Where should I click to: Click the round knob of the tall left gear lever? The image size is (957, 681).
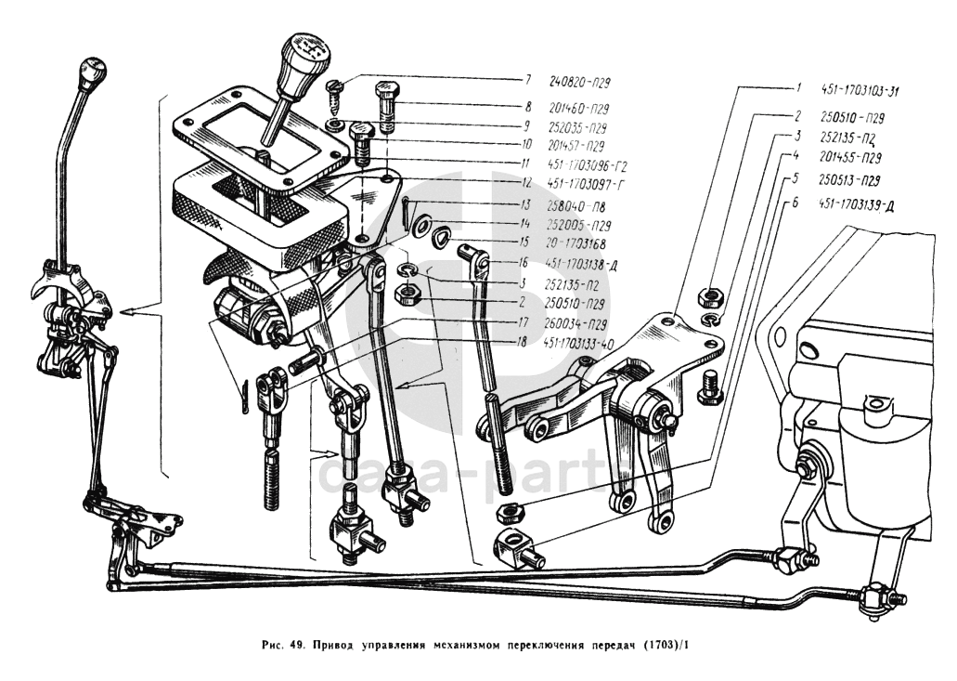93,71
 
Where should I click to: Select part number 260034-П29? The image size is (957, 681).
584,323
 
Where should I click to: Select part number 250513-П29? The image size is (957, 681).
851,180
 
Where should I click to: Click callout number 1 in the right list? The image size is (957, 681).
796,90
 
